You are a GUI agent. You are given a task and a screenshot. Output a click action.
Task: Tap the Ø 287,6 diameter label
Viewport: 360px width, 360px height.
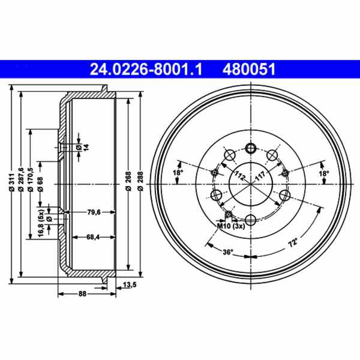[x=22, y=181]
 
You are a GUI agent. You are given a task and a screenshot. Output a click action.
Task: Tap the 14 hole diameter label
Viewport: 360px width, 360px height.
[x=85, y=147]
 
